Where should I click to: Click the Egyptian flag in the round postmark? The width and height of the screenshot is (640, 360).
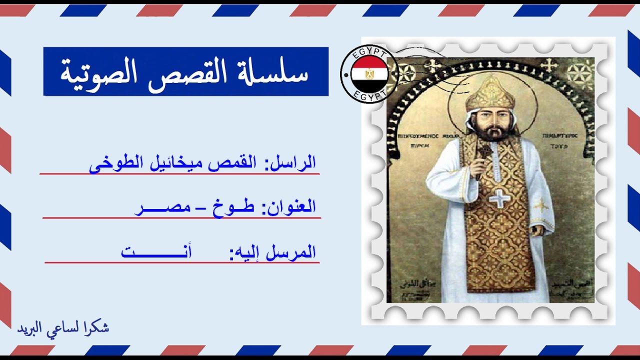pos(369,74)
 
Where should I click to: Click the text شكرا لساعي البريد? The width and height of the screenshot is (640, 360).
pos(63,328)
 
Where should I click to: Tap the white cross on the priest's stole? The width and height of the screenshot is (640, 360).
pos(499,198)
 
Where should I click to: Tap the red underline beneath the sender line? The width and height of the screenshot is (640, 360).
pos(179,174)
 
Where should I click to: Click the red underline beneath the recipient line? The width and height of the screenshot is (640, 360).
pos(182,262)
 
